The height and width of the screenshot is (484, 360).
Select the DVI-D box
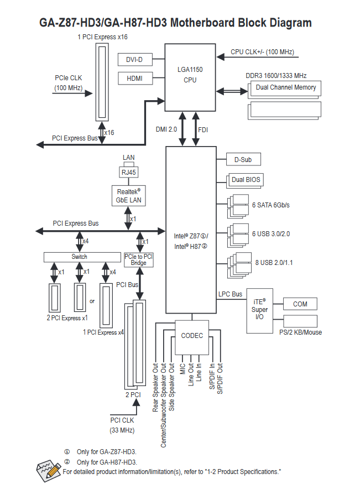[134, 59]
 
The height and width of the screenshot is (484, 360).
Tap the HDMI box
[134, 79]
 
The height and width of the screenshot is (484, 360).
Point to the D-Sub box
[243, 160]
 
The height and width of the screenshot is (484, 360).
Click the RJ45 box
[129, 172]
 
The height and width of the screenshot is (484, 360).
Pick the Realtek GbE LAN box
[128, 196]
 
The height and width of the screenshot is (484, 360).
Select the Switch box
[82, 257]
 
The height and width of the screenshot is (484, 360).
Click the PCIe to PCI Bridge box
[139, 259]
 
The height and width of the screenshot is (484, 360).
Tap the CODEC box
[192, 336]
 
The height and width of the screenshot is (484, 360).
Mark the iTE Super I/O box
[260, 310]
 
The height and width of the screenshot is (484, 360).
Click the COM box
[300, 304]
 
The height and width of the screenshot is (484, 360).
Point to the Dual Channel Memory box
[285, 87]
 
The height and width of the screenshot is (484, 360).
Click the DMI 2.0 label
[166, 129]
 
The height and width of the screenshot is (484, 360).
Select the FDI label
[203, 129]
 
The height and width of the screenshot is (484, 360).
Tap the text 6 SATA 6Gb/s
[271, 205]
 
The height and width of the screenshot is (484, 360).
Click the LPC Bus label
[231, 294]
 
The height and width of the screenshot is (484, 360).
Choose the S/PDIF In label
[212, 377]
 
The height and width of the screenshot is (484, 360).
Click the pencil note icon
[49, 469]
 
